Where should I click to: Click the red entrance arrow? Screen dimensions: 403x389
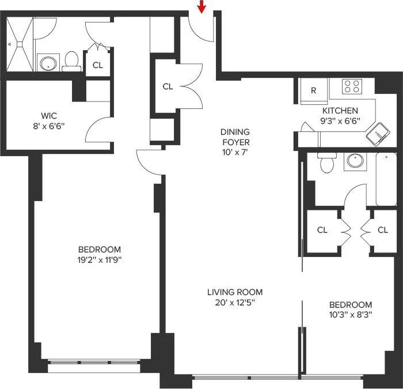coord(202,6)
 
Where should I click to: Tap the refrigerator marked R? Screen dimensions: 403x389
coord(314,91)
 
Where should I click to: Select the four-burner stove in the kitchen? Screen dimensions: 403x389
coord(352,86)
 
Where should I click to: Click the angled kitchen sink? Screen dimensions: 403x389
coord(378,134)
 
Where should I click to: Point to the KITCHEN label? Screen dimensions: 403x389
coord(340,111)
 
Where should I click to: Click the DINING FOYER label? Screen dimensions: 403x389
coord(235,137)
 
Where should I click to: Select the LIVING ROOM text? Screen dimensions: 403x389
coord(235,292)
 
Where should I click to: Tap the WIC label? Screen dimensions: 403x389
coord(49,115)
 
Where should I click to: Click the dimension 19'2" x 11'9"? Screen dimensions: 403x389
coord(99,260)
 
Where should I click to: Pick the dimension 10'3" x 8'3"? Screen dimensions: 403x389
coord(351,315)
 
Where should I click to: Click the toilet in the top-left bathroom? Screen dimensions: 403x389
coord(71,61)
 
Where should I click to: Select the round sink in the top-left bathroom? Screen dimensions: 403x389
coord(48,63)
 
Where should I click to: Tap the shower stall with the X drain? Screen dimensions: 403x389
coord(20,44)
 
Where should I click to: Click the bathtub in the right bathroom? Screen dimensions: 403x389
coord(386,179)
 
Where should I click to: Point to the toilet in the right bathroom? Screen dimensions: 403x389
coord(327,163)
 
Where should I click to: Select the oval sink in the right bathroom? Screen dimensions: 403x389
coord(355,161)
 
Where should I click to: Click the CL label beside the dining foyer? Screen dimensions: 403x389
coord(168,86)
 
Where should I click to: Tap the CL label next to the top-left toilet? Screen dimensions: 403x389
coord(98,65)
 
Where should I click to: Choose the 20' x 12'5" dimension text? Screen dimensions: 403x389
coord(235,303)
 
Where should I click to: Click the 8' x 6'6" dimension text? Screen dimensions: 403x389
coord(49,126)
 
